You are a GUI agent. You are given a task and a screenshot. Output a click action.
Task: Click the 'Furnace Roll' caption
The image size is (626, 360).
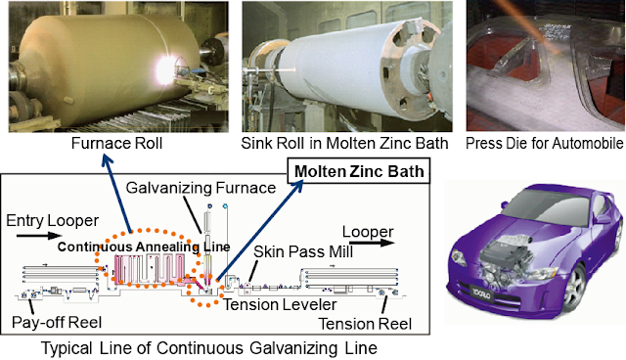[x=116, y=143]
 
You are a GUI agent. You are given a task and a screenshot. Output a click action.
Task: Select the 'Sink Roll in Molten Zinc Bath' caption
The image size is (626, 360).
[x=344, y=143]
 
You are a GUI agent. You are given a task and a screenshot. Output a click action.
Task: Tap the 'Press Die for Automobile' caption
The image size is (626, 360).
[x=545, y=143]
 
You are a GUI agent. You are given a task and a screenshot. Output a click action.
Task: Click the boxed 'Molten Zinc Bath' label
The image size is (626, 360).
[x=359, y=171]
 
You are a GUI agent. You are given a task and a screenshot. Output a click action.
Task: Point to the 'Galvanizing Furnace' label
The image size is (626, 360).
[x=201, y=188]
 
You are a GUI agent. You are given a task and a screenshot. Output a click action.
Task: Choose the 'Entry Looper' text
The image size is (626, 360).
[x=52, y=221]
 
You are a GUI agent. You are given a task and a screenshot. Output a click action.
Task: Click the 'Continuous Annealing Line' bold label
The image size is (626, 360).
[x=144, y=247]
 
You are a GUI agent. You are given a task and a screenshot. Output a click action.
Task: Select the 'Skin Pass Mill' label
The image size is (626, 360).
[x=303, y=251]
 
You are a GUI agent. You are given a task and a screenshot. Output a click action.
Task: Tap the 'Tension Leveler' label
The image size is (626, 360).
[x=280, y=305]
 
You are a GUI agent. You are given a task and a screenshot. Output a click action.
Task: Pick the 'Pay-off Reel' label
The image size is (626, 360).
[x=57, y=323]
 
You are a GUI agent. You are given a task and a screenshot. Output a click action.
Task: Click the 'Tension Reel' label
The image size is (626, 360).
[x=365, y=324]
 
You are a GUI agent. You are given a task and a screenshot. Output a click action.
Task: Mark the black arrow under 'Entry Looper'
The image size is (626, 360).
[x=39, y=236]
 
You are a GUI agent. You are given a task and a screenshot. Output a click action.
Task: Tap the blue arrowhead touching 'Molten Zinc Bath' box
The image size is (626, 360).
[x=297, y=186]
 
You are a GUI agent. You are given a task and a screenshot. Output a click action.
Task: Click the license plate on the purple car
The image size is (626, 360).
[x=482, y=292]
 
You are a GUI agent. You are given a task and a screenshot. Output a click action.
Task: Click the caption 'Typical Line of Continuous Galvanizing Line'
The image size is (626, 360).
[x=209, y=348]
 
